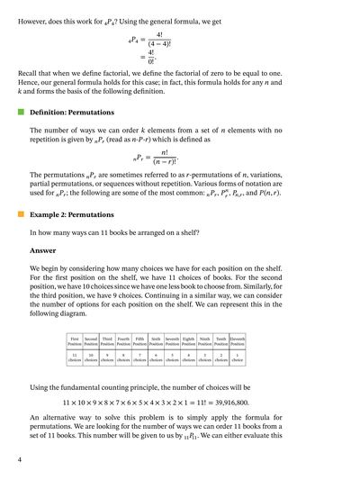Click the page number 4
point(19,459)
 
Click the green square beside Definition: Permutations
point(20,113)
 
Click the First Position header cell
point(75,342)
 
